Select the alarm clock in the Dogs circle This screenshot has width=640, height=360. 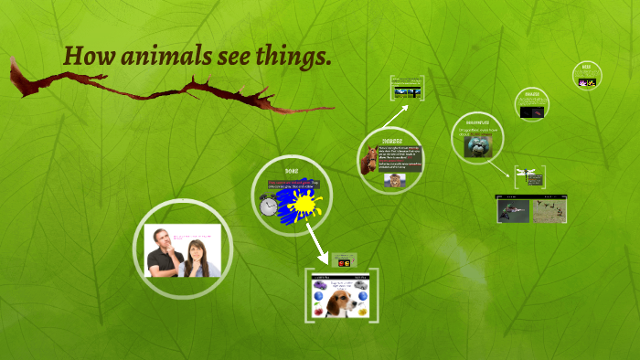coord(269,206)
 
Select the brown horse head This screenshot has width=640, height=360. coord(370,161)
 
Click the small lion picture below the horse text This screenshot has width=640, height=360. coord(394,180)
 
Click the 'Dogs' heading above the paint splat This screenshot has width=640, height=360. coord(292,172)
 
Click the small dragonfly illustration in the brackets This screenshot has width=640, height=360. coord(528,170)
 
